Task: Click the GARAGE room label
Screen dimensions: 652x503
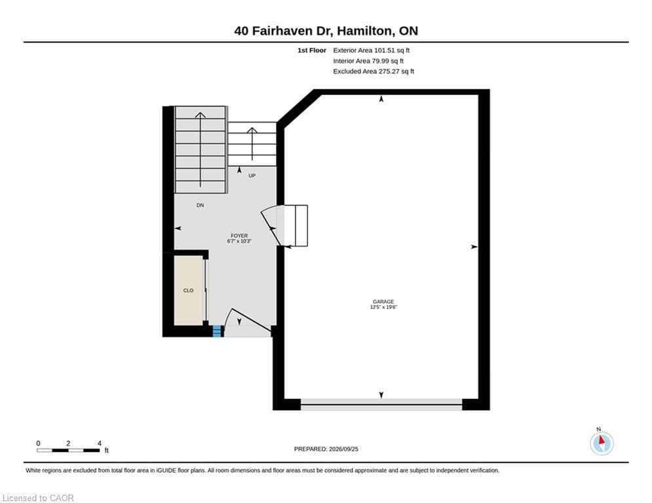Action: point(383,301)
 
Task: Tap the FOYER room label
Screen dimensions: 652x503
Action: point(239,236)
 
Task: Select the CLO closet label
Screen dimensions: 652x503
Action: point(188,291)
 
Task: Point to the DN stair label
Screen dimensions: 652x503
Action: point(200,206)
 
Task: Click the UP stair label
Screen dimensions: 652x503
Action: point(252,176)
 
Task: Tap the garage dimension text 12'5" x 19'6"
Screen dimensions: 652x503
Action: point(383,307)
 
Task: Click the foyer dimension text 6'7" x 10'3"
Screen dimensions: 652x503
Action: point(239,241)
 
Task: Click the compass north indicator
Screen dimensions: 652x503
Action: point(602,442)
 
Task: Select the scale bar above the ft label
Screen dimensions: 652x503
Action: point(68,450)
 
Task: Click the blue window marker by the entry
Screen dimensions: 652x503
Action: point(217,331)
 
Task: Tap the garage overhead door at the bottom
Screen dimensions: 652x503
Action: point(381,404)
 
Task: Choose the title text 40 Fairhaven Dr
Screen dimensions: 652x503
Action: point(284,31)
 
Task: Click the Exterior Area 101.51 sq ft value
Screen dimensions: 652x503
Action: point(371,50)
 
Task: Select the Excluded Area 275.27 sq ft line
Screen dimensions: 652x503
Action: point(374,71)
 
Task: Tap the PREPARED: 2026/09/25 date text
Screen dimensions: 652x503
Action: point(326,449)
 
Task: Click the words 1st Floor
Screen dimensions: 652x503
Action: point(312,50)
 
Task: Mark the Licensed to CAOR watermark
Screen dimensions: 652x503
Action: point(38,498)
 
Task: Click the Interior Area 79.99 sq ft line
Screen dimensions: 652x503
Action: point(368,61)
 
